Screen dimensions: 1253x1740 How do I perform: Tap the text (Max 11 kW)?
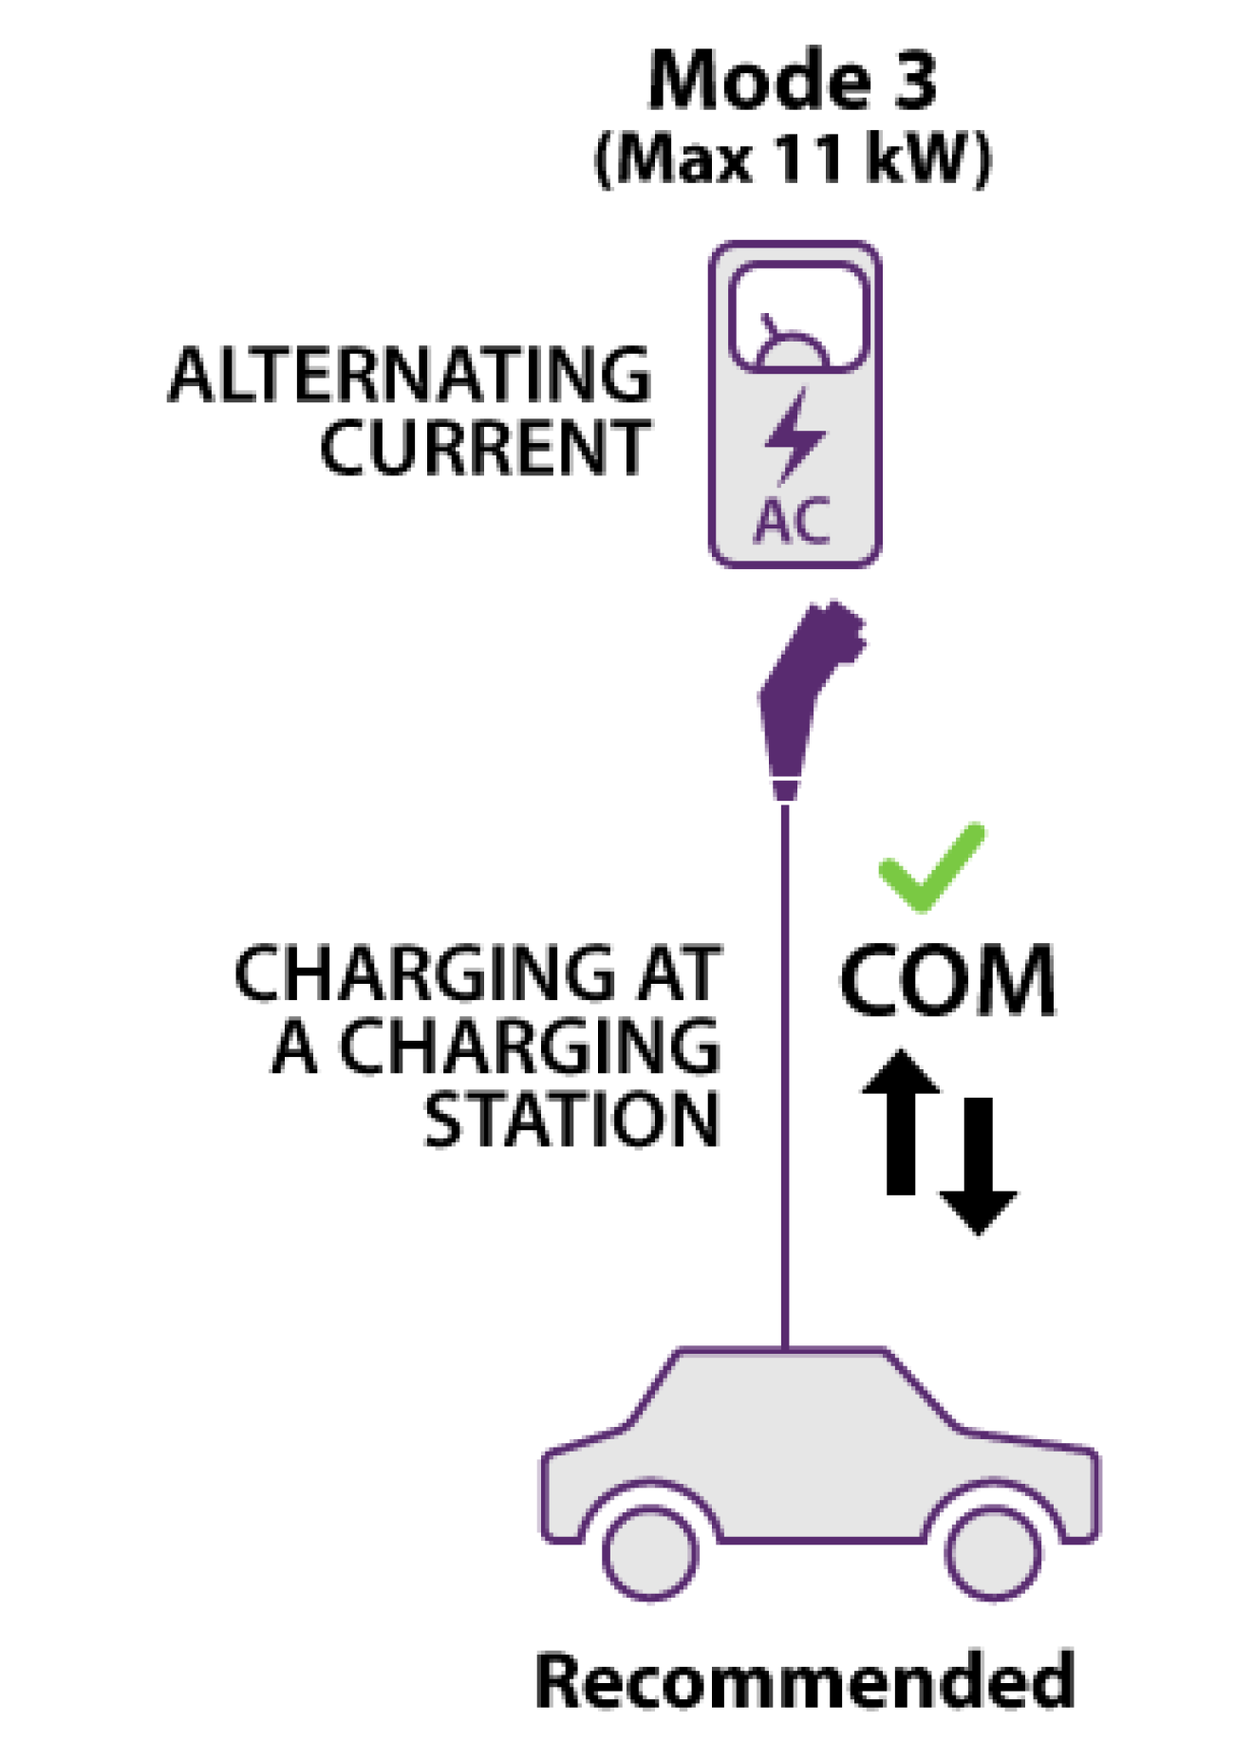point(793,157)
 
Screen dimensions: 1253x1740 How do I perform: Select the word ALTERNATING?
point(410,375)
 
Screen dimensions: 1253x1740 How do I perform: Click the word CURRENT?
point(485,447)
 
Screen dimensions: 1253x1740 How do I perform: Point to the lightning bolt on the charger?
point(794,436)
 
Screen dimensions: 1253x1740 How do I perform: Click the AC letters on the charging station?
point(793,520)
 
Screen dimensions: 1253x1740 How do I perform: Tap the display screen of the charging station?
point(798,317)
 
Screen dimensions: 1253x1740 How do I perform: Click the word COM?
point(947,981)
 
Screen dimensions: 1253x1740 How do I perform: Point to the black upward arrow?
point(901,1121)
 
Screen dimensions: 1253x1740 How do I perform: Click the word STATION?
point(571,1120)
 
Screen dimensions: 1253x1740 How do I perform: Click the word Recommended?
point(805,1679)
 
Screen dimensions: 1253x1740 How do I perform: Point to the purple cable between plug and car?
point(785,1074)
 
